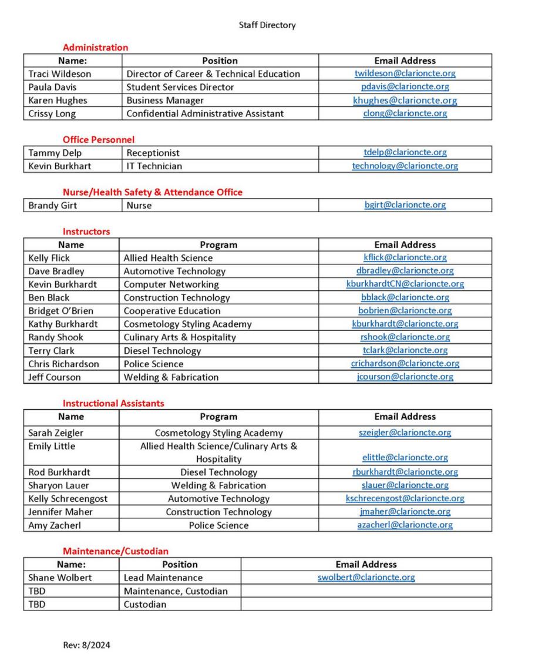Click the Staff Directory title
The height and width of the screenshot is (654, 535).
tap(267, 25)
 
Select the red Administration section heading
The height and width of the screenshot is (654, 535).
tap(95, 48)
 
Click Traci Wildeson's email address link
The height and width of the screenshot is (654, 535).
tap(405, 73)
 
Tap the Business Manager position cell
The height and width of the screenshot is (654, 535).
tap(165, 100)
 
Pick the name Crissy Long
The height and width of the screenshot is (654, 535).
tap(52, 113)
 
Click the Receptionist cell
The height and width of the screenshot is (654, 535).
tap(153, 153)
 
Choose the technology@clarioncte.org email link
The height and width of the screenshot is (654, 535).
tap(405, 166)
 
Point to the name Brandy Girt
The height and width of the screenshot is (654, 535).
tap(52, 206)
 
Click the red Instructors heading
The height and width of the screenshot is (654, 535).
tap(86, 232)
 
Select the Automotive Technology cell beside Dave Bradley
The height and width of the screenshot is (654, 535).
tap(174, 271)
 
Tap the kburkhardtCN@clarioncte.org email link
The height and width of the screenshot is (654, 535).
tap(405, 284)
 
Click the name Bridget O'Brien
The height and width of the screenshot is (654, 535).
tap(60, 311)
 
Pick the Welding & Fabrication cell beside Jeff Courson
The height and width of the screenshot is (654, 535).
tap(171, 377)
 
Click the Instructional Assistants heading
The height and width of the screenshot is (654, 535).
tap(113, 403)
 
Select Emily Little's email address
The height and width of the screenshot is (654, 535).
tap(405, 458)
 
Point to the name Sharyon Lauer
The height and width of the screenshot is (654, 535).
tap(58, 485)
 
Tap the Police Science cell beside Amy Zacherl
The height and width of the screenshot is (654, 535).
tap(218, 525)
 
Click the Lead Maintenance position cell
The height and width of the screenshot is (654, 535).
tap(163, 578)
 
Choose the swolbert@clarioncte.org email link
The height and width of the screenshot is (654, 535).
tap(366, 578)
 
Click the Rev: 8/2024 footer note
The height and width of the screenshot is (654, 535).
tap(86, 645)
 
